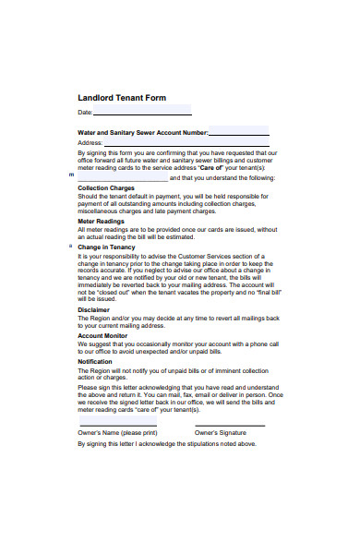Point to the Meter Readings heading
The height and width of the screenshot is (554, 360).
pyautogui.click(x=101, y=221)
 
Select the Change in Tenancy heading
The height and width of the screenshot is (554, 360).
pyautogui.click(x=106, y=247)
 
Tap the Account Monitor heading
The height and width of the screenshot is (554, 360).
pyautogui.click(x=102, y=335)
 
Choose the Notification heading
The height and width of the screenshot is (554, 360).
pyautogui.click(x=95, y=361)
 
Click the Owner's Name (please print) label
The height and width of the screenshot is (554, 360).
pyautogui.click(x=117, y=432)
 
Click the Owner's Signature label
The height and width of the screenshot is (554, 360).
pyautogui.click(x=221, y=432)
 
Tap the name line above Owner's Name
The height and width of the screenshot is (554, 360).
pyautogui.click(x=117, y=426)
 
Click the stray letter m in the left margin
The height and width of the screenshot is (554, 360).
pyautogui.click(x=72, y=174)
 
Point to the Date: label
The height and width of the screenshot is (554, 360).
pyautogui.click(x=85, y=112)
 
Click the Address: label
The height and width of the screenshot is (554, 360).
pyautogui.click(x=90, y=143)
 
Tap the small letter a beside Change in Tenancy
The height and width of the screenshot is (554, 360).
pyautogui.click(x=70, y=247)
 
